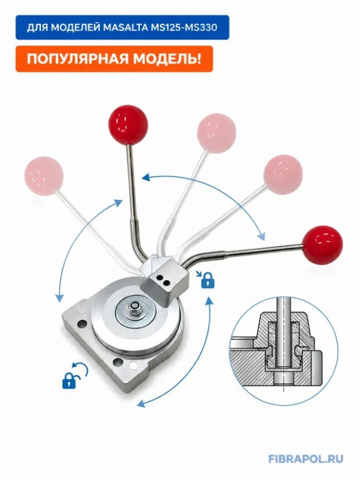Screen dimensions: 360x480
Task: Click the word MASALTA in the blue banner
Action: [x=127, y=28]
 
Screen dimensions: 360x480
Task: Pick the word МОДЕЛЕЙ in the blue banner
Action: [x=74, y=28]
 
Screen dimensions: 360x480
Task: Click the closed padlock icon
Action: [x=208, y=282]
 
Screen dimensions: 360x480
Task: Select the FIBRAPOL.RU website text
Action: [x=306, y=459]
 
